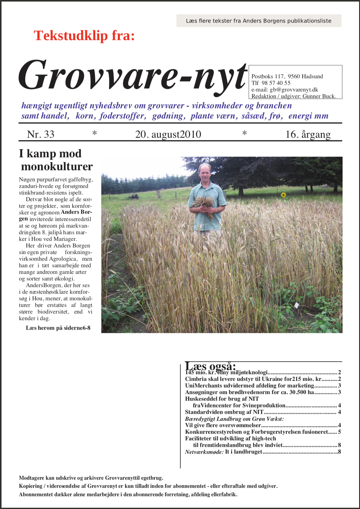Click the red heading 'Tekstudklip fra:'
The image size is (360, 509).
pos(84,35)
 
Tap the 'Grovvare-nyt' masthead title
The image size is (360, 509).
pos(132,75)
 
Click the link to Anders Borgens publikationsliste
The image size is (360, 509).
pos(258,21)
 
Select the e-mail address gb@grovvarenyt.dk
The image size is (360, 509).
pos(294,90)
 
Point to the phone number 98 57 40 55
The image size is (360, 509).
pos(276,83)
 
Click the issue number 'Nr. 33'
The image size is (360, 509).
pos(41,134)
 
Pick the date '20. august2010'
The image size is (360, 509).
pos(168,134)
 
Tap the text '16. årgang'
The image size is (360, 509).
pos(308,134)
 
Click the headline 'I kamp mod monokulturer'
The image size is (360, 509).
pos(56,160)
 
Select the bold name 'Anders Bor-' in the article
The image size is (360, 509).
pos(76,212)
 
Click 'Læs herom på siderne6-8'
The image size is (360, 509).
pos(58,328)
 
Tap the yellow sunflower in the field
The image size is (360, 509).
pos(283,195)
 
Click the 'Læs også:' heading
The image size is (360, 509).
pos(210,366)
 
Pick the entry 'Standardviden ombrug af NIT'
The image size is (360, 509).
pos(224,412)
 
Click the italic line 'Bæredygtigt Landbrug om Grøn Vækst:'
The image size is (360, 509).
pos(234,419)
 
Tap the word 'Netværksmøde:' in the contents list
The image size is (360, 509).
pos(204,452)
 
